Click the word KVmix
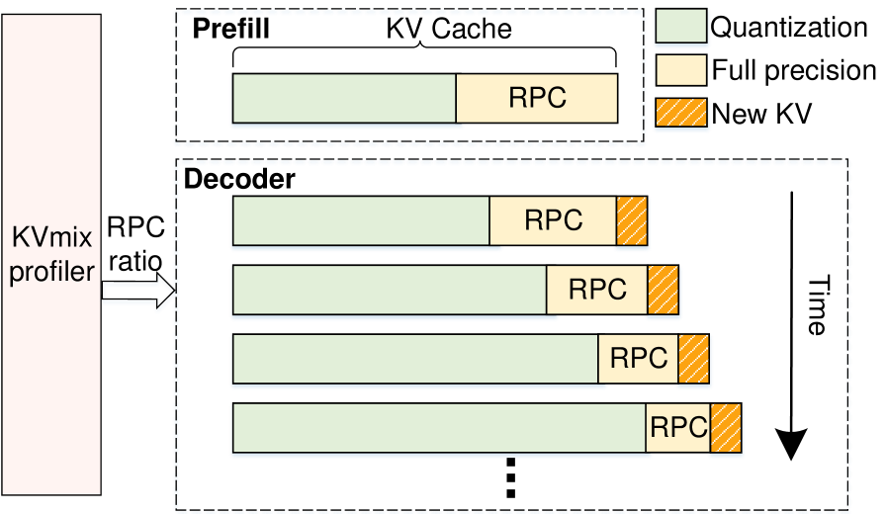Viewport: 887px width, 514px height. click(x=50, y=240)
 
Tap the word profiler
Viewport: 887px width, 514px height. click(x=50, y=271)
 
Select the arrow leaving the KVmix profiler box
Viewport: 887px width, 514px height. click(x=139, y=294)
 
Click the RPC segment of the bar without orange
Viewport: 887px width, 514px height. click(x=537, y=98)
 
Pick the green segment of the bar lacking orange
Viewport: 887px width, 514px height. click(x=344, y=98)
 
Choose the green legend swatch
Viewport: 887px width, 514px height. click(x=680, y=27)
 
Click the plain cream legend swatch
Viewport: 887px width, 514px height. click(x=680, y=69)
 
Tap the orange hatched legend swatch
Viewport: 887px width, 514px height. click(x=680, y=112)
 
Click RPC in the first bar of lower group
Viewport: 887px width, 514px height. click(x=553, y=220)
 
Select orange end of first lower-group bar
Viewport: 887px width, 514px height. click(x=632, y=220)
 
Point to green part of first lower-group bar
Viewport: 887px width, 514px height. click(x=361, y=220)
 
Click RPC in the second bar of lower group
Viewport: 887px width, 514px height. click(x=597, y=290)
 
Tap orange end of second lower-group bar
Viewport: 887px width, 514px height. click(x=664, y=290)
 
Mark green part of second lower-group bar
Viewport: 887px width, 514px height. click(x=390, y=290)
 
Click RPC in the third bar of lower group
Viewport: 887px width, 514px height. click(x=639, y=358)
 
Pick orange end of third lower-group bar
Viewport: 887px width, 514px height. click(x=694, y=358)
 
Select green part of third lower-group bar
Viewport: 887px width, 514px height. click(x=415, y=358)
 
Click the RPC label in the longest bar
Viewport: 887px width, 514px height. click(x=678, y=427)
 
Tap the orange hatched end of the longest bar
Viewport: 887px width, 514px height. click(x=726, y=427)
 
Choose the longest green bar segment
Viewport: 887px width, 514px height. click(x=439, y=427)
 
